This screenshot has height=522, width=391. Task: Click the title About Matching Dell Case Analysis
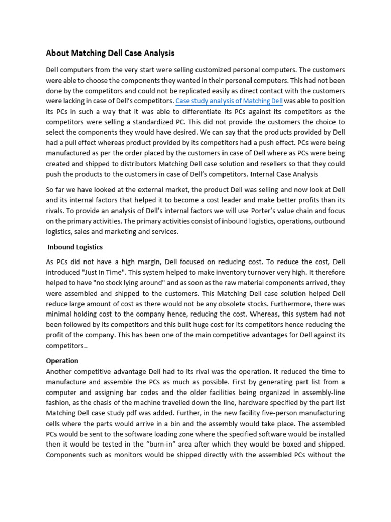pos(110,53)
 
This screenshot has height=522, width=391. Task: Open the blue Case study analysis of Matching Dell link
pos(229,101)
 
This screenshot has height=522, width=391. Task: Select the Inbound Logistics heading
pos(75,247)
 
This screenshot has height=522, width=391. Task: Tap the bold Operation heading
pos(62,361)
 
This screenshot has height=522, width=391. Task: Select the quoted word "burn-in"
pos(169,445)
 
